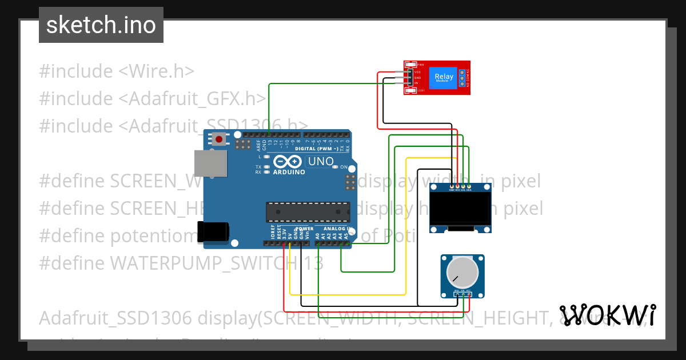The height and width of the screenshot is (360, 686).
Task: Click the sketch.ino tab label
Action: coord(101,25)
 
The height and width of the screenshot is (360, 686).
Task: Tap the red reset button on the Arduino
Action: coord(219,139)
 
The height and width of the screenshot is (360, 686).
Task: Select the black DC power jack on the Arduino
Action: coord(213,231)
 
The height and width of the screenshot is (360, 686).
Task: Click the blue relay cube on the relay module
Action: coord(444,78)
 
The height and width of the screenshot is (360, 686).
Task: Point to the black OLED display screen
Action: coord(461,208)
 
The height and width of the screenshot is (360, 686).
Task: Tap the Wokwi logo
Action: coord(607,314)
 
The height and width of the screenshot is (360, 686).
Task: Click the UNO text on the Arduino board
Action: coord(321,162)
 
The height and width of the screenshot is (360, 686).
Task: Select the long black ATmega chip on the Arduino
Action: coord(308,212)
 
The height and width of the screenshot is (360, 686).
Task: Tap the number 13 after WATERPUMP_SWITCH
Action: coord(313,263)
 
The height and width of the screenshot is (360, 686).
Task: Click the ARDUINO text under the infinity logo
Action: coord(289,171)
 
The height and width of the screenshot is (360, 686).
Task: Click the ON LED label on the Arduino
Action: coord(344,167)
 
